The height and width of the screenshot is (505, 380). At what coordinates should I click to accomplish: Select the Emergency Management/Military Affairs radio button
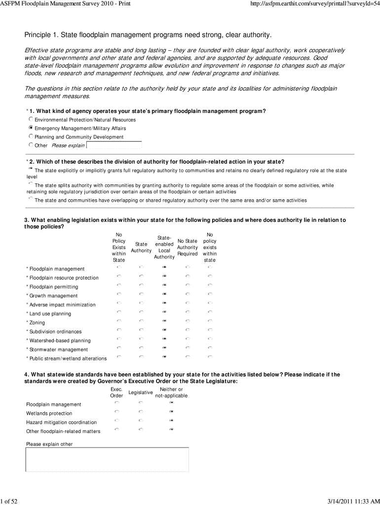pyautogui.click(x=31, y=128)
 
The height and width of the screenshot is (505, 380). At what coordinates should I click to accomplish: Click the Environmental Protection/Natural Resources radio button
pyautogui.click(x=31, y=119)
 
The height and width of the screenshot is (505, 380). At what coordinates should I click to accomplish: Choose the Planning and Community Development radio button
pyautogui.click(x=31, y=137)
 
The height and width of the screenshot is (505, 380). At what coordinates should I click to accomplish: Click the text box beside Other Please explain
pyautogui.click(x=114, y=145)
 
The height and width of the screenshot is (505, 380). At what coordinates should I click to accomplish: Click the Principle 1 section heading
pyautogui.click(x=148, y=35)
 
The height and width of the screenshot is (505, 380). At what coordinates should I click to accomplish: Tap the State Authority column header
pyautogui.click(x=141, y=247)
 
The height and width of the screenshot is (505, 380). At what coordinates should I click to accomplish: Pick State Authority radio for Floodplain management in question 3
pyautogui.click(x=141, y=267)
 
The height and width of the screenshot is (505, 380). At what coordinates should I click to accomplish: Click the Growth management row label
pyautogui.click(x=53, y=296)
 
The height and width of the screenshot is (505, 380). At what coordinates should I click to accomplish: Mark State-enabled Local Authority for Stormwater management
pyautogui.click(x=164, y=348)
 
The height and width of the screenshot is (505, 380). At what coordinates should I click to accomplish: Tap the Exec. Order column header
pyautogui.click(x=116, y=392)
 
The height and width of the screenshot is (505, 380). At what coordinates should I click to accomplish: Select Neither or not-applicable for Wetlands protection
pyautogui.click(x=171, y=411)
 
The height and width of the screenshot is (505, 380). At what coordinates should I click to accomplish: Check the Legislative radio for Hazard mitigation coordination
pyautogui.click(x=141, y=420)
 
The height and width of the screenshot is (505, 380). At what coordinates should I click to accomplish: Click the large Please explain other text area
pyautogui.click(x=107, y=459)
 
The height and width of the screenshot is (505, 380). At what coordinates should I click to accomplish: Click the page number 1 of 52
pyautogui.click(x=9, y=501)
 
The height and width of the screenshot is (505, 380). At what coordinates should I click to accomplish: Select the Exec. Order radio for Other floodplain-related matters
pyautogui.click(x=117, y=429)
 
